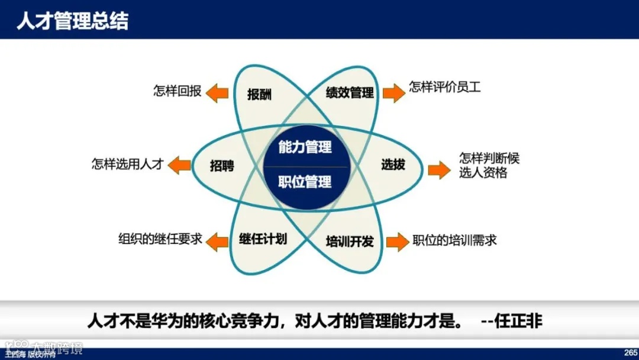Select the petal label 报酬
tap(259, 94)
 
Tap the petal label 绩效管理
tap(350, 92)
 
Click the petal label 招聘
tap(222, 166)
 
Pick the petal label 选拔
tap(393, 164)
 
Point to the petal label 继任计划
tap(263, 239)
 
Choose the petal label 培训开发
tap(350, 242)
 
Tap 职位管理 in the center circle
tap(305, 182)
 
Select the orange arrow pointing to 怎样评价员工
tap(392, 92)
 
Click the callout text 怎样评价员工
tap(445, 88)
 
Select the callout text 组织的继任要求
tap(160, 239)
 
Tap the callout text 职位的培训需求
tap(454, 240)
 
